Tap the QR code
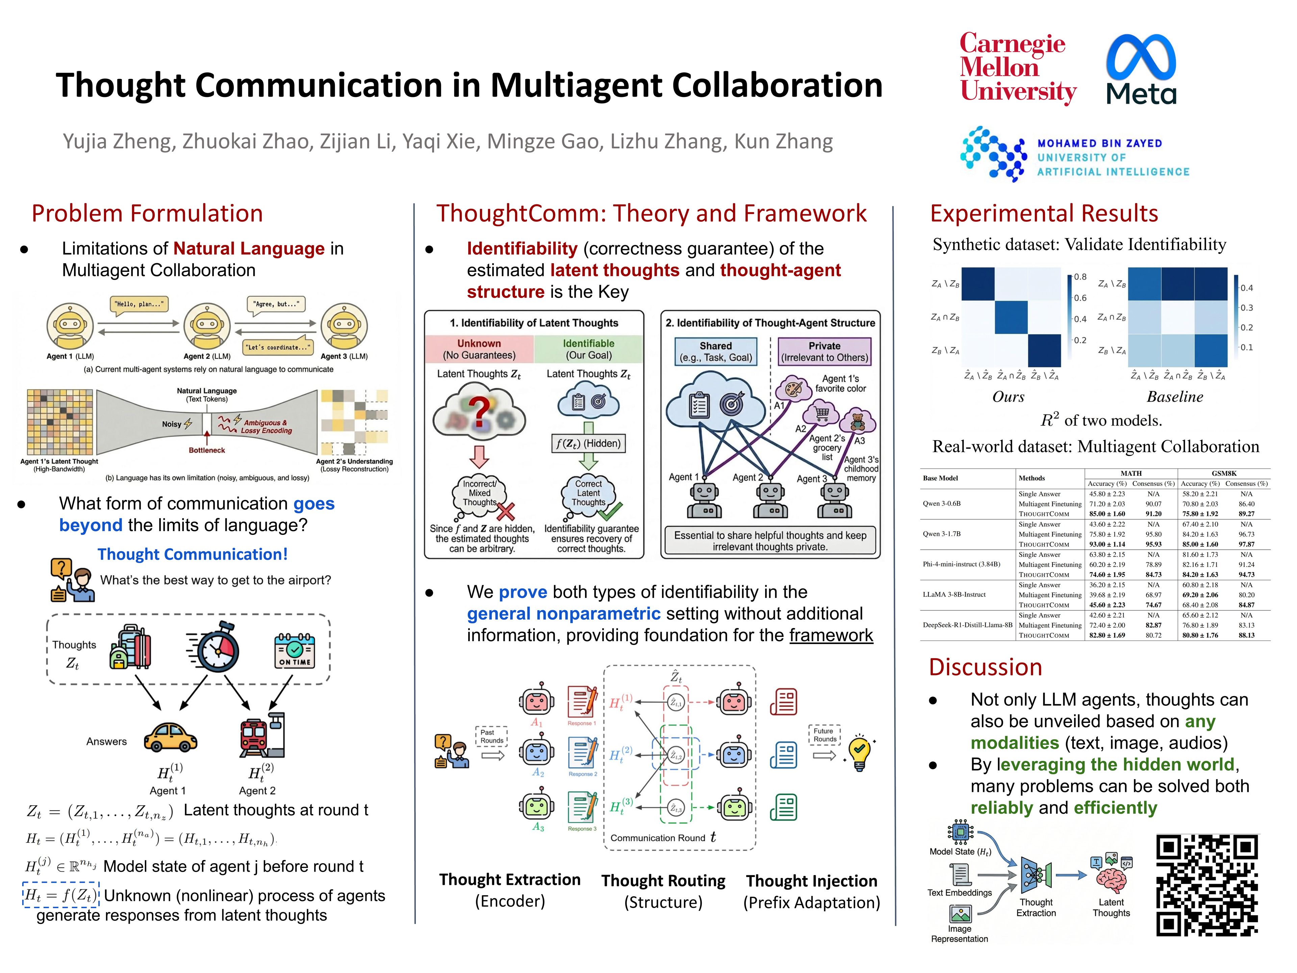pyautogui.click(x=1207, y=885)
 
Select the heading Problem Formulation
pyautogui.click(x=147, y=214)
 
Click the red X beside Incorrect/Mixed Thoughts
pyautogui.click(x=505, y=512)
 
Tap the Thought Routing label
pyautogui.click(x=663, y=881)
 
